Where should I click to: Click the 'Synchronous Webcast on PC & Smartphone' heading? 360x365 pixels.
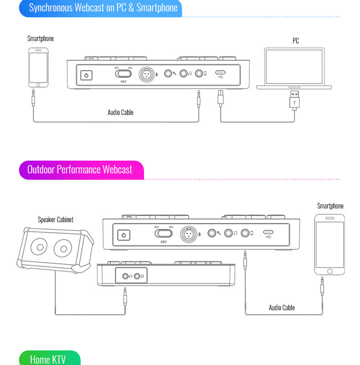[103, 8]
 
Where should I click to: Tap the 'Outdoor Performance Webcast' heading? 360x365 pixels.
[80, 170]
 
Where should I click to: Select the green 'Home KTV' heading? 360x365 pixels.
[48, 359]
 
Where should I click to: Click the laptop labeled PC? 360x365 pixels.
[294, 68]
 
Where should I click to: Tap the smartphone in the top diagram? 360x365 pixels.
[38, 67]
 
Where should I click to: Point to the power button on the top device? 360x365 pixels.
[87, 75]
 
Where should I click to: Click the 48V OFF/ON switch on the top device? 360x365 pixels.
[123, 73]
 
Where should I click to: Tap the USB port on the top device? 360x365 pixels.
[221, 73]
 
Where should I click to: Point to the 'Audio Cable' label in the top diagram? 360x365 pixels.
[120, 112]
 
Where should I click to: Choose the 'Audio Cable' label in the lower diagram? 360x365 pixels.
[282, 308]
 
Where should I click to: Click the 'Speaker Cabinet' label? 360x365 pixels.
[56, 219]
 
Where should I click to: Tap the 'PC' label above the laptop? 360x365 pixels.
[296, 41]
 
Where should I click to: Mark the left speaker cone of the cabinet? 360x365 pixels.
[39, 249]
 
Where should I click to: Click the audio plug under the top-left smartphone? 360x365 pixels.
[33, 98]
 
